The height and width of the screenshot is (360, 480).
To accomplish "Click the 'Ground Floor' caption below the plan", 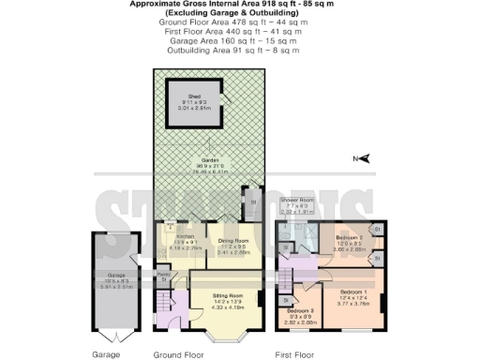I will click(x=178, y=355).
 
